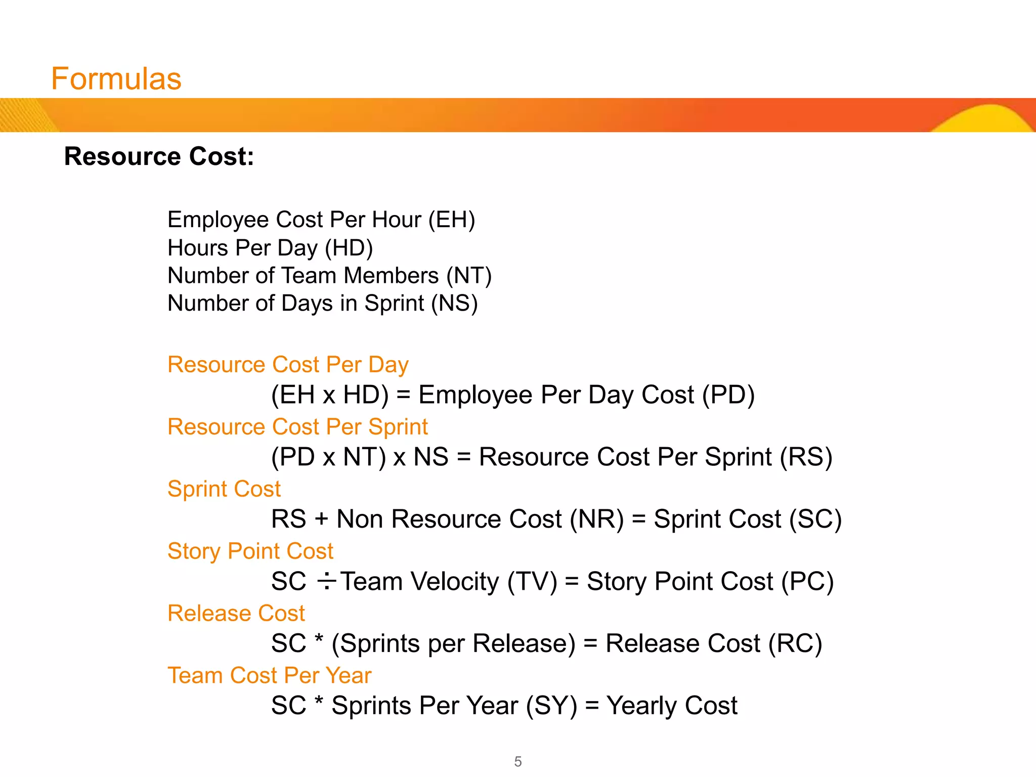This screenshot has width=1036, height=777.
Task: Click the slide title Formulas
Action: pos(116,79)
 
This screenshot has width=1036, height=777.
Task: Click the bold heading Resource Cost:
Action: pos(159,156)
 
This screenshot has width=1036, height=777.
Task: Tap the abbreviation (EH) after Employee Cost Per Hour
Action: pos(452,220)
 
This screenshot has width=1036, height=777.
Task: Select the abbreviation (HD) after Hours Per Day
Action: pos(349,248)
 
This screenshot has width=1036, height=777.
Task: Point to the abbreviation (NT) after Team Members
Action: pos(468,276)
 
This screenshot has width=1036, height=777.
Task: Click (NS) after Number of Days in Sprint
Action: pos(454,304)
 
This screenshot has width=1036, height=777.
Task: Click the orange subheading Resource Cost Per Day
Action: pos(288,365)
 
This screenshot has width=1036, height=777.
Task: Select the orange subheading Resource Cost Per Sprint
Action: pos(297,427)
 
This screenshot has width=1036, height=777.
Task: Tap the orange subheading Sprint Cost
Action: pos(224,489)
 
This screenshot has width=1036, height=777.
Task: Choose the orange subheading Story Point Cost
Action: pos(250,551)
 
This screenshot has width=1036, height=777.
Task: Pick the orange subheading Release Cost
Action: pos(236,614)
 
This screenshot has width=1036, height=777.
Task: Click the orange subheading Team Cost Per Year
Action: pos(270,676)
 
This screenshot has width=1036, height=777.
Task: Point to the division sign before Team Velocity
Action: pos(326,581)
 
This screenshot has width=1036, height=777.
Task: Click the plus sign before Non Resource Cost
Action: pos(321,520)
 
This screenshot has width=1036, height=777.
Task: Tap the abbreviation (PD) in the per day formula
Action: pos(728,395)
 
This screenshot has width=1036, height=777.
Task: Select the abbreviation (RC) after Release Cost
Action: pos(795,644)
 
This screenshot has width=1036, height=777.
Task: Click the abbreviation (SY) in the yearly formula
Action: pos(551,706)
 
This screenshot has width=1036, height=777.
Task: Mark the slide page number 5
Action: pos(518,761)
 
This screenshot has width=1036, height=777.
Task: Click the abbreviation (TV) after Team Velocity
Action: pos(532,582)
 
